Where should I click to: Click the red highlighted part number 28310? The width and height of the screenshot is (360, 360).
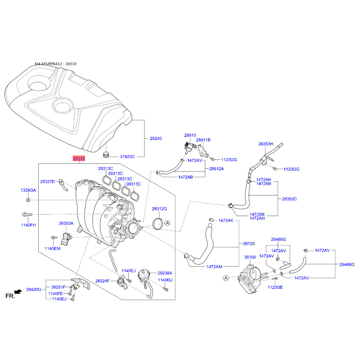pyautogui.click(x=79, y=159)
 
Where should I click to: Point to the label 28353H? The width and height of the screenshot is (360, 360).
pyautogui.click(x=265, y=144)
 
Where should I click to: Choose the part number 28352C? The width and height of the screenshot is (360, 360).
pyautogui.click(x=289, y=198)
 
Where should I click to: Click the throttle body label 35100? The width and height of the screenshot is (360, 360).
pyautogui.click(x=250, y=257)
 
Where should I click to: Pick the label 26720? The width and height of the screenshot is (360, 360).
pyautogui.click(x=249, y=243)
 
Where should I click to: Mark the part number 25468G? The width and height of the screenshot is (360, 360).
pyautogui.click(x=347, y=264)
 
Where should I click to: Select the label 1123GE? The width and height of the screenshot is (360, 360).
pyautogui.click(x=275, y=287)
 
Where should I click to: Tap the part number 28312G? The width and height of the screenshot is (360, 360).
pyautogui.click(x=159, y=209)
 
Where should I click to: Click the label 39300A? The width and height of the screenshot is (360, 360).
pyautogui.click(x=66, y=223)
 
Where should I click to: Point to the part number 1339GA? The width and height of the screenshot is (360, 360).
pyautogui.click(x=28, y=190)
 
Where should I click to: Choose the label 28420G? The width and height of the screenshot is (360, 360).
pyautogui.click(x=33, y=289)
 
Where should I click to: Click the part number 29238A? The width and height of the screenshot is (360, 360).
pyautogui.click(x=165, y=273)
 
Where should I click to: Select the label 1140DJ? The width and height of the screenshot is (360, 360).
pyautogui.click(x=165, y=280)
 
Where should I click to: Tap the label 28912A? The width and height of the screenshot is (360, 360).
pyautogui.click(x=216, y=169)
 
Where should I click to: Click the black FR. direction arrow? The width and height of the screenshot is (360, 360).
pyautogui.click(x=18, y=292)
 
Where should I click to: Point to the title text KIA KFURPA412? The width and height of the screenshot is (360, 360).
pyautogui.click(x=49, y=64)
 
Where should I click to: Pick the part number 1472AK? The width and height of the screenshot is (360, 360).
pyautogui.click(x=226, y=220)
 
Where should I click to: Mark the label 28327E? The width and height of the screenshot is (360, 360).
pyautogui.click(x=47, y=181)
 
